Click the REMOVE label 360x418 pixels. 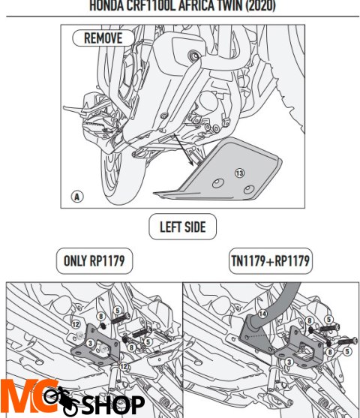click(103, 38)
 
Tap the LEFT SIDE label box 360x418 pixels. click(183, 226)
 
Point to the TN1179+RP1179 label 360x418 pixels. click(271, 261)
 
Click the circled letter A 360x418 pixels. click(76, 197)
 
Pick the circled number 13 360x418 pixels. click(239, 172)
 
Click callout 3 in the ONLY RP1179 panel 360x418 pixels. click(91, 342)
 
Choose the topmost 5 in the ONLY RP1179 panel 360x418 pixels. click(117, 310)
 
